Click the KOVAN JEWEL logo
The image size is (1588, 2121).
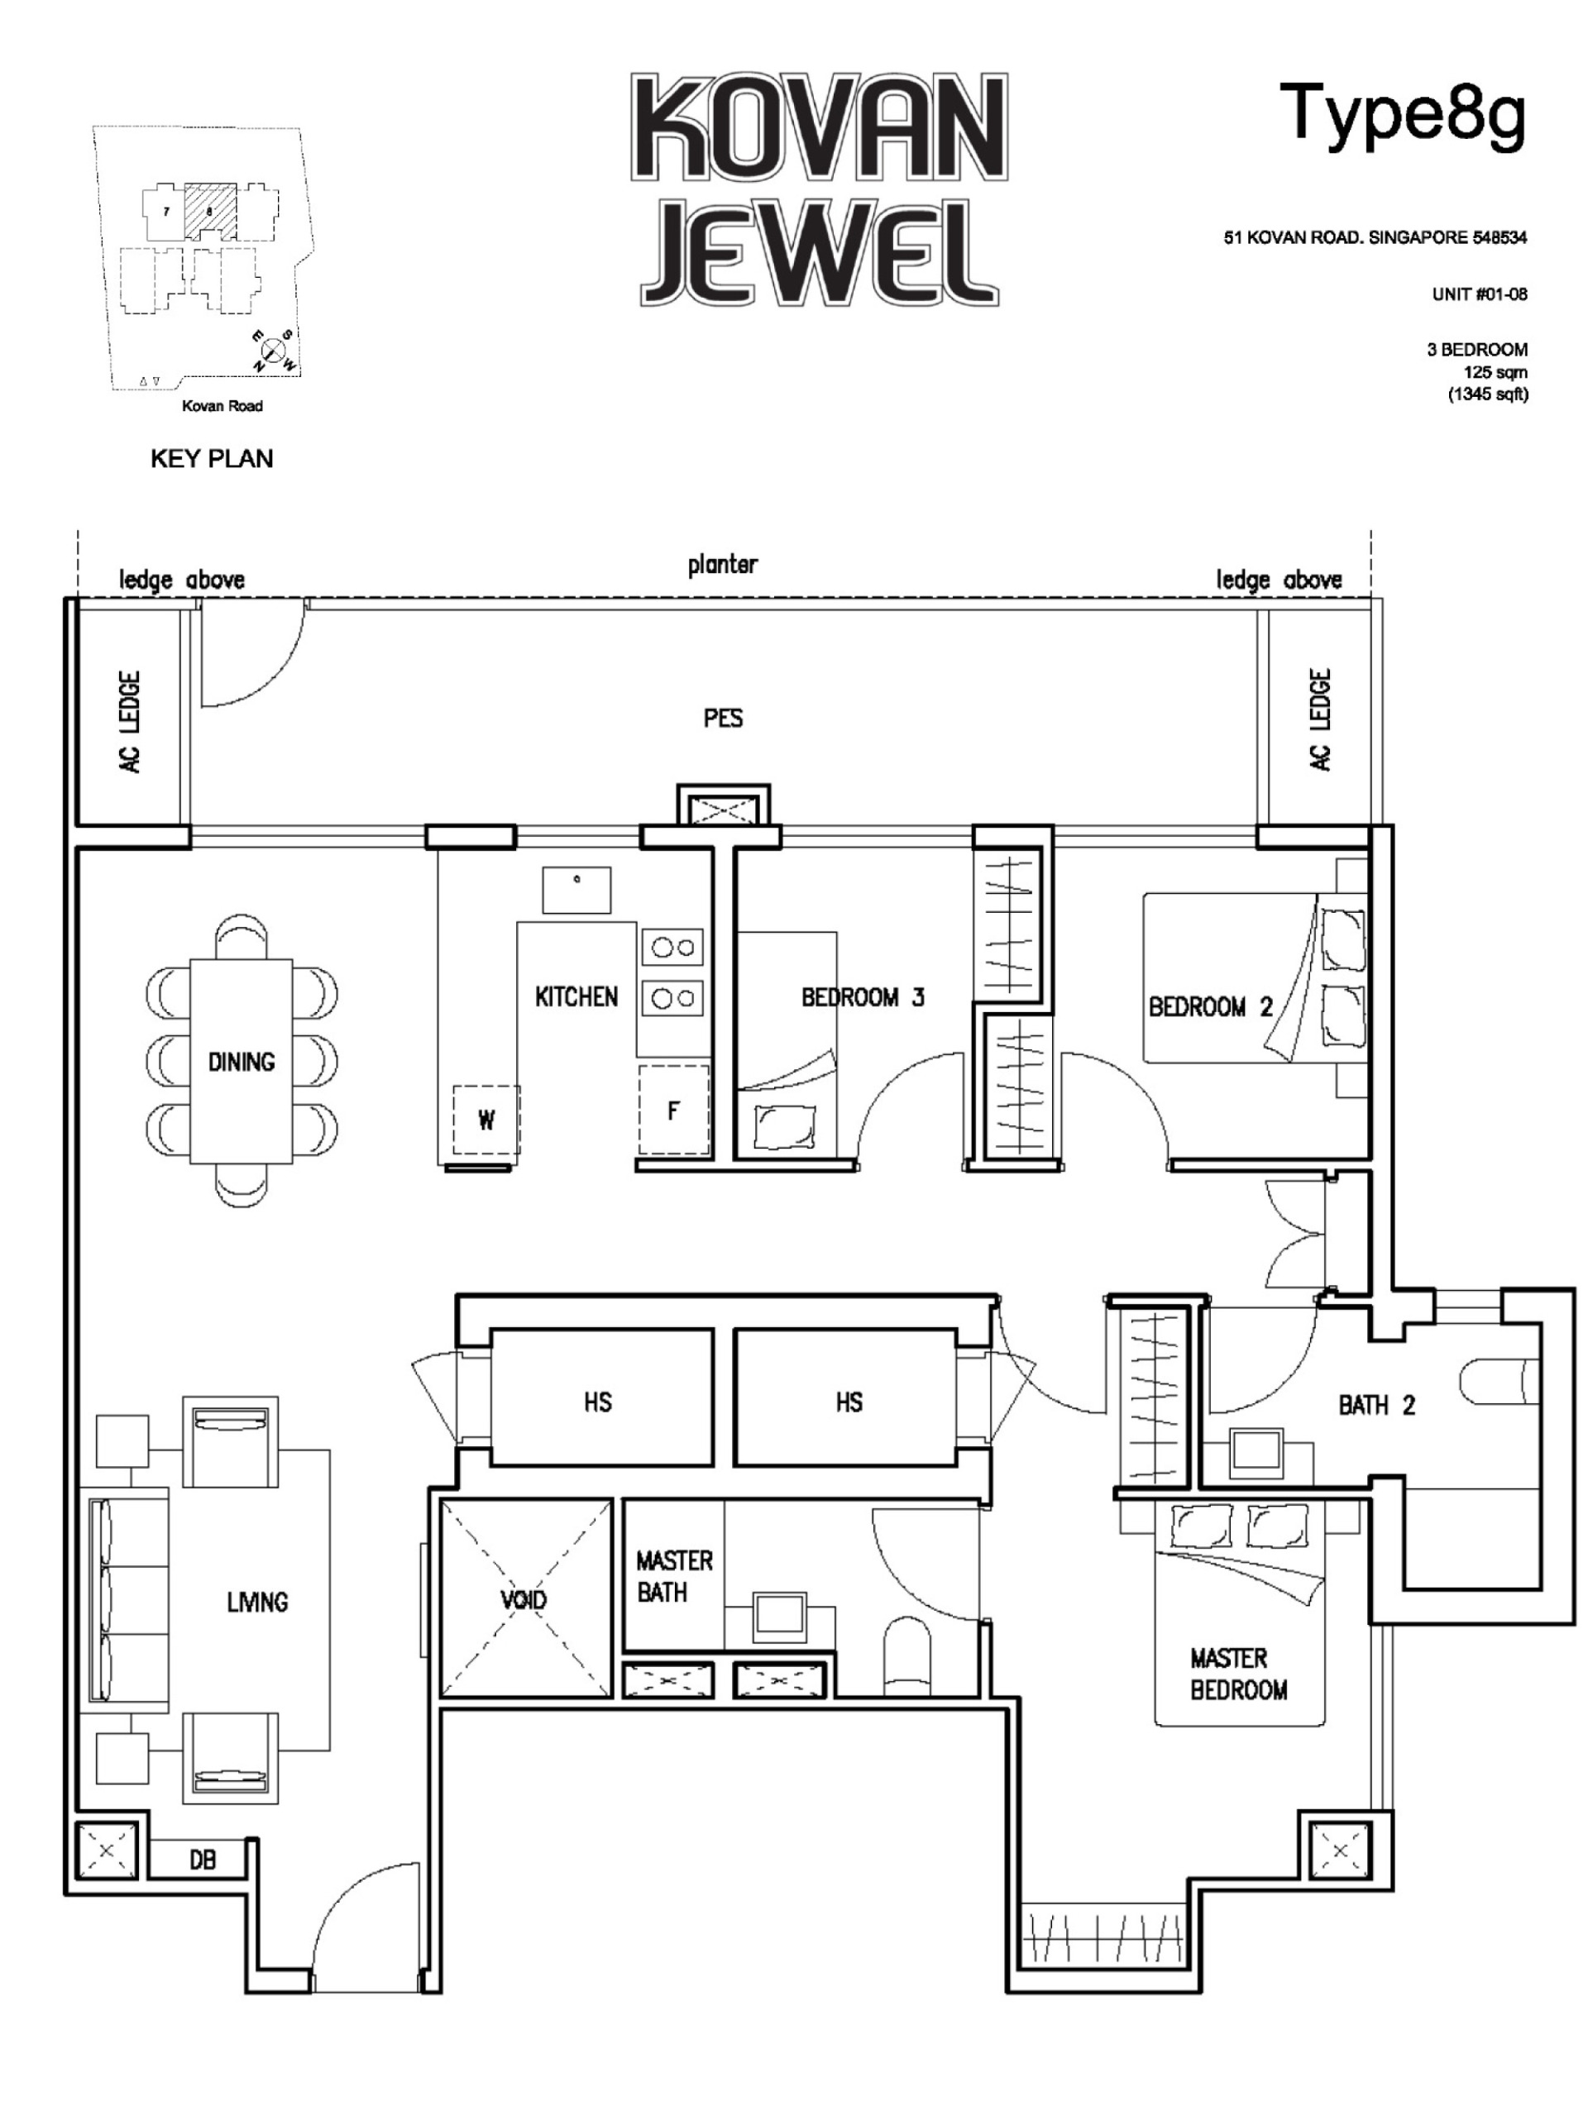click(x=818, y=190)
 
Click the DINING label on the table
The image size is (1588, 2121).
click(x=241, y=1062)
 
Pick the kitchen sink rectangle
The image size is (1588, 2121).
click(x=576, y=890)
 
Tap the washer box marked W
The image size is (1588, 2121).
click(x=485, y=1120)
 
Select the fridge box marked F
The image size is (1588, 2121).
click(x=673, y=1110)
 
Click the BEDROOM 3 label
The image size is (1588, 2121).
click(x=862, y=997)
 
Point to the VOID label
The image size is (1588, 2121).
click(x=524, y=1598)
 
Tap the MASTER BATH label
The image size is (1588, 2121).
click(x=673, y=1575)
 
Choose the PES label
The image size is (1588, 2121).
click(x=722, y=717)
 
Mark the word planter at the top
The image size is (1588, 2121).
click(x=722, y=565)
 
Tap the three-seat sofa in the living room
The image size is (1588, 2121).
click(x=127, y=1598)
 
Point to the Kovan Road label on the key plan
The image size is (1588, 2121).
click(x=222, y=406)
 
